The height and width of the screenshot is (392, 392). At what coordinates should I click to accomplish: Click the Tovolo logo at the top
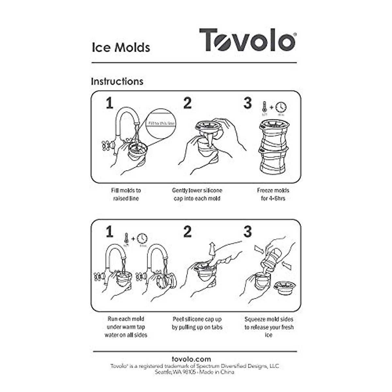tap(247, 40)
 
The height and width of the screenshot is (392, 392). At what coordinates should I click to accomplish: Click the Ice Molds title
tap(121, 47)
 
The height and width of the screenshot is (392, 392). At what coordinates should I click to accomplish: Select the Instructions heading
tap(117, 81)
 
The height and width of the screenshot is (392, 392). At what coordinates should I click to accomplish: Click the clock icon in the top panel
tap(281, 107)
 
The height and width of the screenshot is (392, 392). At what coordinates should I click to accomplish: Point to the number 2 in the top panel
tap(187, 103)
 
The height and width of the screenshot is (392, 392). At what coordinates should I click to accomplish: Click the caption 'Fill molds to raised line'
tap(126, 194)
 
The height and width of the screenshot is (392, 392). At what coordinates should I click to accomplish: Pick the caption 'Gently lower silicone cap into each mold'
tap(197, 194)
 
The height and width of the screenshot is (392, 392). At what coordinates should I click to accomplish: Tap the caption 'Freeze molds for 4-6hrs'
tap(273, 194)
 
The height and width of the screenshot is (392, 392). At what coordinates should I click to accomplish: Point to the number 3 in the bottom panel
tap(248, 232)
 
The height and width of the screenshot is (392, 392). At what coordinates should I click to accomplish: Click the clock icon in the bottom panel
tap(142, 238)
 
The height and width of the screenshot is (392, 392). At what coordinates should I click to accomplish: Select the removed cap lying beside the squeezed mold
tap(285, 287)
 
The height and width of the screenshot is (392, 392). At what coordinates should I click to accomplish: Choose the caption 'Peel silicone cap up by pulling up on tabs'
tap(197, 323)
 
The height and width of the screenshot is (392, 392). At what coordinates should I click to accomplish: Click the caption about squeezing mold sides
tap(269, 327)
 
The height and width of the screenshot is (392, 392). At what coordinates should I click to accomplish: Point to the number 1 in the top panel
tap(109, 103)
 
